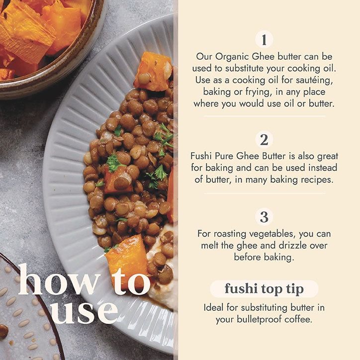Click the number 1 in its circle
(264, 40)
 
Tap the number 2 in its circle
(264, 140)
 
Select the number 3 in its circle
(264, 217)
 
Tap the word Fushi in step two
(201, 156)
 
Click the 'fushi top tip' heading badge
(264, 289)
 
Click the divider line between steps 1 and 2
(265, 116)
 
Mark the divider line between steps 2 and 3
(265, 193)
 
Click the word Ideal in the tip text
(213, 308)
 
